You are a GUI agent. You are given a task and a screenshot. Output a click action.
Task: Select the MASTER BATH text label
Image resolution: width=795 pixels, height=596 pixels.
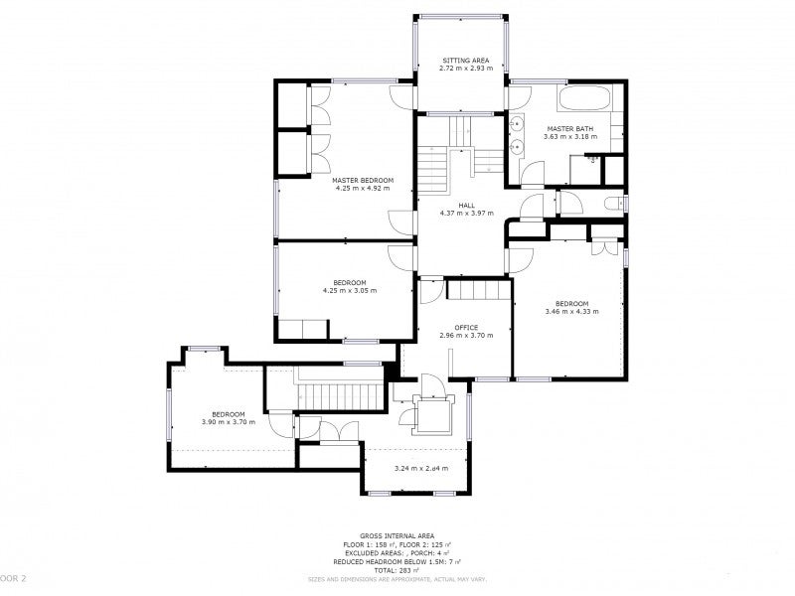click(568, 128)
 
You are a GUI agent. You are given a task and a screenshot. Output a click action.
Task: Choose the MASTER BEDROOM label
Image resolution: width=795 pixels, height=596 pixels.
click(363, 180)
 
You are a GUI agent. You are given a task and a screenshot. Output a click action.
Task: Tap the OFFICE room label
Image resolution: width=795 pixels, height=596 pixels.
click(466, 327)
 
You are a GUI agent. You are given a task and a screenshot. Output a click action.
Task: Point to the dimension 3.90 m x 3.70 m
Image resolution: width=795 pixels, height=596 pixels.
click(228, 422)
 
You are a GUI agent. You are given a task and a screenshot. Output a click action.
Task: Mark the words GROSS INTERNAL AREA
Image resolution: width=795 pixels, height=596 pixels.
click(397, 534)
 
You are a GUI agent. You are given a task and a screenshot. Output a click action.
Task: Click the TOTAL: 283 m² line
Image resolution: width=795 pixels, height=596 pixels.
click(397, 570)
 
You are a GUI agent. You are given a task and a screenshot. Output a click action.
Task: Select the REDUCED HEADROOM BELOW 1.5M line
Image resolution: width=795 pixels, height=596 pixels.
click(397, 561)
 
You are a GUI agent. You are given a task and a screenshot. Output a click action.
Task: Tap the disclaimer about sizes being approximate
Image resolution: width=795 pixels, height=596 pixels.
click(397, 578)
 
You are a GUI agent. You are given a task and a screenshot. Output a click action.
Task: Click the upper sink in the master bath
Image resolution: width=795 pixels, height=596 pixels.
click(518, 125)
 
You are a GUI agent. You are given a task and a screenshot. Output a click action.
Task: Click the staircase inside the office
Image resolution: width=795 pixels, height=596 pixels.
click(478, 289)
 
